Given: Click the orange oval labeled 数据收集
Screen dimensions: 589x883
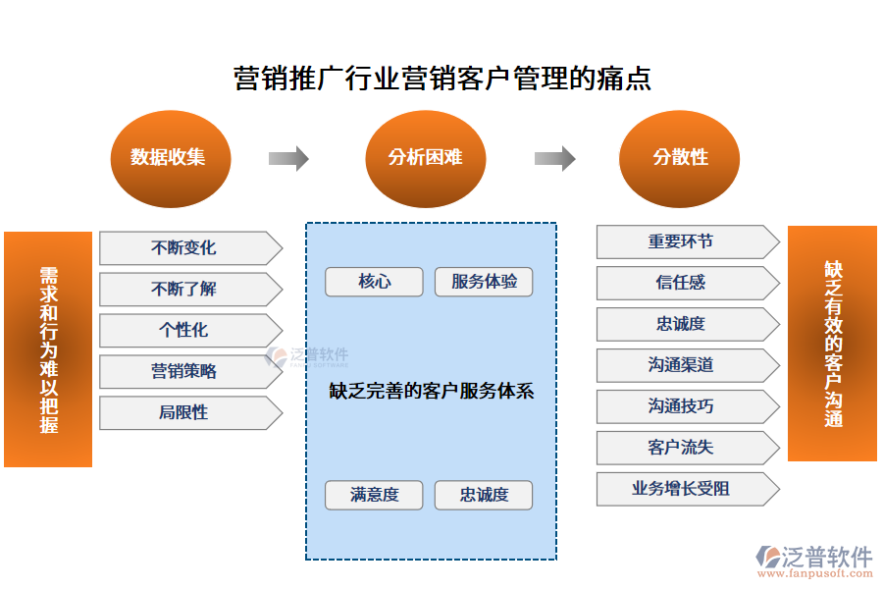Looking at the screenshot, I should tap(169, 158).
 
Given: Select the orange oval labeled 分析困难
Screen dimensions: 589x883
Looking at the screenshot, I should tap(425, 158).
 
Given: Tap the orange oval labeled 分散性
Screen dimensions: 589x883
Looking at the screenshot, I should tap(680, 158).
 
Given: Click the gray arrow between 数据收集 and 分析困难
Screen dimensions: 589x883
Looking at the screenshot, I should tap(288, 158).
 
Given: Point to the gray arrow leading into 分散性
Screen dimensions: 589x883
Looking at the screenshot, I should tap(554, 158).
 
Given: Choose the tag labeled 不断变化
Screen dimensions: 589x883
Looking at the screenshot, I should tap(185, 248).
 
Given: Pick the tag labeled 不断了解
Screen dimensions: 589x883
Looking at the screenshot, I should tap(185, 290).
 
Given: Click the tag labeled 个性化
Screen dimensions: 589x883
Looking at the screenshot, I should tap(185, 331).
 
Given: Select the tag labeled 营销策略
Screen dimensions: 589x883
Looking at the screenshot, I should tap(185, 372).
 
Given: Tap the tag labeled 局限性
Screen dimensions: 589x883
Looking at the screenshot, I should tap(185, 413).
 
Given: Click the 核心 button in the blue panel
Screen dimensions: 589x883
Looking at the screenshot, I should tap(374, 282).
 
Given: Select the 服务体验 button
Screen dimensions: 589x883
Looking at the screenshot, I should tap(484, 282).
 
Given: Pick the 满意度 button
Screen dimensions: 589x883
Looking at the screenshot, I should tap(374, 495).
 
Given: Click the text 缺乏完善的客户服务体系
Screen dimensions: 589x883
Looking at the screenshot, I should tap(432, 391).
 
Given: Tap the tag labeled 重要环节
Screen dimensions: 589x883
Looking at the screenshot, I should tap(683, 241).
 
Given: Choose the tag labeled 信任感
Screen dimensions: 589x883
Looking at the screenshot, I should tap(683, 283).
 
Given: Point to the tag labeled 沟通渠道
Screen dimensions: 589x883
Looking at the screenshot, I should tap(683, 365).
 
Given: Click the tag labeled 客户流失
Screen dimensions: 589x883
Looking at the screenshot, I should tap(683, 448).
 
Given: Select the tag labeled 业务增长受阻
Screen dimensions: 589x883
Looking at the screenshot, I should tap(683, 489).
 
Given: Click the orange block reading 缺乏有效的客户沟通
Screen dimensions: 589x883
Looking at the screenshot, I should tap(832, 344).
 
